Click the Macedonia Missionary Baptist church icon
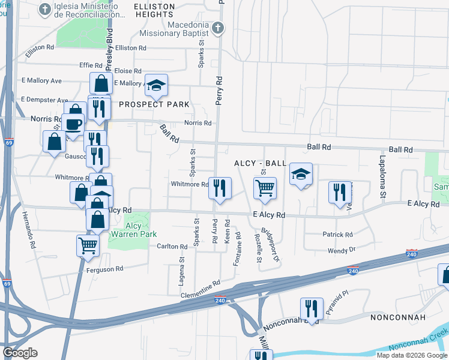coord(218,28)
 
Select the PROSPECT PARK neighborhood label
coord(154,104)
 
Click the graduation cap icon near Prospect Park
coord(156,85)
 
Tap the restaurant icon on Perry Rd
coord(220,188)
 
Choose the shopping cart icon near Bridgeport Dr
coord(265,188)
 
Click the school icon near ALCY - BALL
coord(301,175)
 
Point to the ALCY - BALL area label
coord(259,164)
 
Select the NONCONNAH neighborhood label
coord(398,317)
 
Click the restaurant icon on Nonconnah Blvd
coord(311,309)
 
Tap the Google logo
coord(20,353)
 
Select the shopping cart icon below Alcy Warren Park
coord(88,245)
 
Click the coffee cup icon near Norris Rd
coord(73,124)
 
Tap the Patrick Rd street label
coord(337,235)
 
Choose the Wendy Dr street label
coord(342,250)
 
